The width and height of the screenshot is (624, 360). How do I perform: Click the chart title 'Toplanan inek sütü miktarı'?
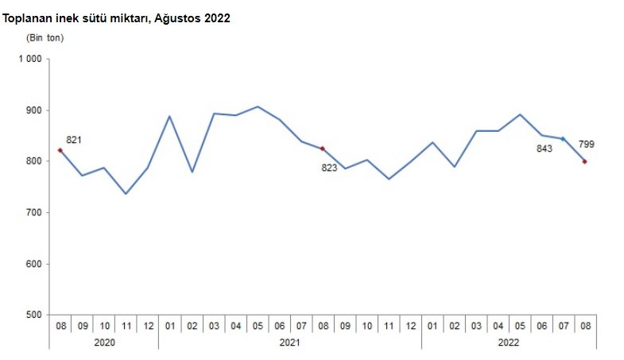117,17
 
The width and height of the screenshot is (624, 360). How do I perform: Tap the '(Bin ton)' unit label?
45,37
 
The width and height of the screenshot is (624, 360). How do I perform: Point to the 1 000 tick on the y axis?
30,59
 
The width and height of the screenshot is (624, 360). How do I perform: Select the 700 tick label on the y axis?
33,213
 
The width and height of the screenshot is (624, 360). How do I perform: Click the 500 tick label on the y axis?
33,315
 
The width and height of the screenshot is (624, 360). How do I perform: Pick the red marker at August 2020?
60,150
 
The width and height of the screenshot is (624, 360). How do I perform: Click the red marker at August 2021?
323,149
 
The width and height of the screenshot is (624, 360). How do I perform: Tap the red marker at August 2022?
585,161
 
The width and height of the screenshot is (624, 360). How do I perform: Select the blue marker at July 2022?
563,139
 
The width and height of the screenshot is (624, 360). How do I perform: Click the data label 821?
74,140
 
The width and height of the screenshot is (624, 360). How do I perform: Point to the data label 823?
329,168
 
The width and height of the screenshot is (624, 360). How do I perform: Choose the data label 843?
544,148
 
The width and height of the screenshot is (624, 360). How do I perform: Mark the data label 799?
587,145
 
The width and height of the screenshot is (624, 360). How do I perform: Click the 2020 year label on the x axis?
104,342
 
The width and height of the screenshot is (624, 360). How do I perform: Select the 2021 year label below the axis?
290,342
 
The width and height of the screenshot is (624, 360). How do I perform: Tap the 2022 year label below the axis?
510,342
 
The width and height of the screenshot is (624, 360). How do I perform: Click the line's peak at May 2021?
258,106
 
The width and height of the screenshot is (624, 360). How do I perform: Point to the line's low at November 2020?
126,194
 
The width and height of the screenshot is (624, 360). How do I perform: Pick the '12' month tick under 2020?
148,326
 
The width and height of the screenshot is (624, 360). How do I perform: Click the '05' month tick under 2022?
519,326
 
